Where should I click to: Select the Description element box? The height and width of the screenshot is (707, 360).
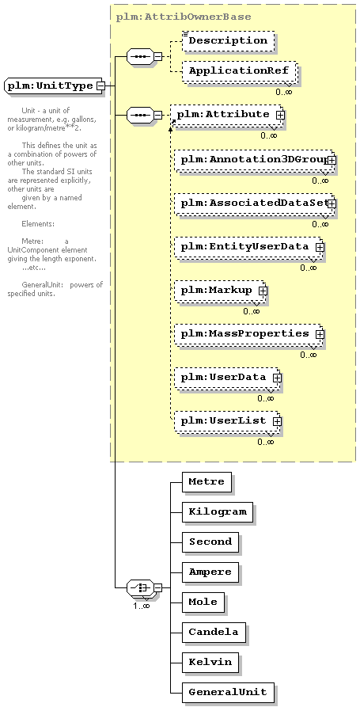[x=228, y=40]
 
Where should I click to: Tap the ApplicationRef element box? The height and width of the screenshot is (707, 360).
[x=239, y=71]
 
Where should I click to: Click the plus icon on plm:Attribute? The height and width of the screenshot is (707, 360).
[x=280, y=115]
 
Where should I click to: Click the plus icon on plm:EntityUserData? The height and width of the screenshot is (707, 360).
[x=320, y=247]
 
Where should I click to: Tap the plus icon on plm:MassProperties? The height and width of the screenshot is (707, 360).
[x=320, y=334]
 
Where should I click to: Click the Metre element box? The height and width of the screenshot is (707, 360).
[x=207, y=481]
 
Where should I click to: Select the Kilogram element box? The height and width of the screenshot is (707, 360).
[x=218, y=511]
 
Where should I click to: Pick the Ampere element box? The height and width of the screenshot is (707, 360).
[x=210, y=572]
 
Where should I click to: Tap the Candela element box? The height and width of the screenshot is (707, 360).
[x=214, y=633]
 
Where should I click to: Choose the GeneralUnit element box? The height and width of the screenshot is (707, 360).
[x=228, y=693]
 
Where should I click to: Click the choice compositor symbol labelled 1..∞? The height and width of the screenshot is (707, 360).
[x=140, y=588]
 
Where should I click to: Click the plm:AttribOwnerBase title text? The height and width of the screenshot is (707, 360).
[x=184, y=17]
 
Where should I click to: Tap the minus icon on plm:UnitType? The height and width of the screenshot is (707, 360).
[x=101, y=86]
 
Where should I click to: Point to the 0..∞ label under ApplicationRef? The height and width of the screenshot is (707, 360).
[x=284, y=92]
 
